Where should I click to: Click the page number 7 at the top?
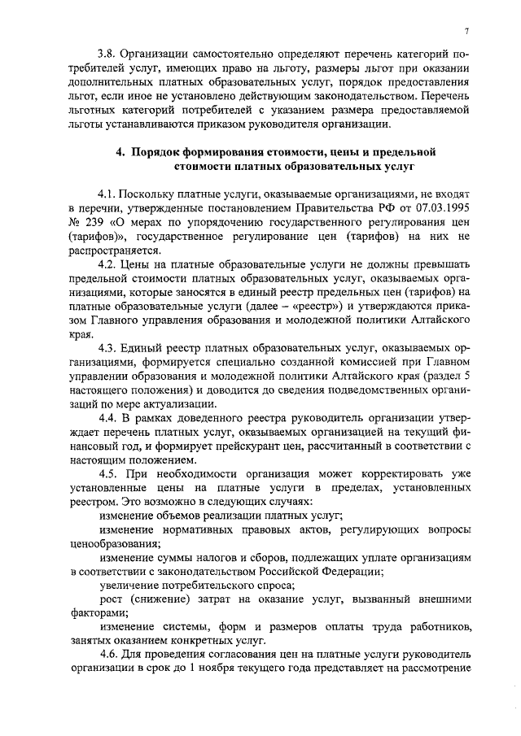[x=466, y=31]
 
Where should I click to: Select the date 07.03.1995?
[x=441, y=208]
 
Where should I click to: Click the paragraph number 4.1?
[x=107, y=194]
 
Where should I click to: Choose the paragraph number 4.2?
[x=107, y=266]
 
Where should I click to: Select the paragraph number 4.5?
[x=107, y=474]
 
